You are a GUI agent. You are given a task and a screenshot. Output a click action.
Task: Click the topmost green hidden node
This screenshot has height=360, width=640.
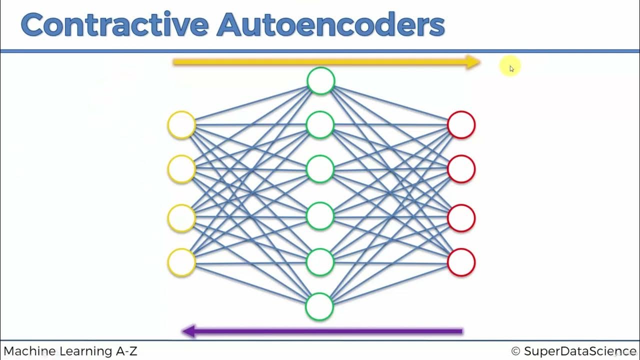[x=320, y=81]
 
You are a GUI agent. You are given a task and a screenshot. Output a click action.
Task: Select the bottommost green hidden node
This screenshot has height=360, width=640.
[x=319, y=306]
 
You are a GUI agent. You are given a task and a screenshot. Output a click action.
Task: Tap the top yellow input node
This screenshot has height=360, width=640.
[x=181, y=124]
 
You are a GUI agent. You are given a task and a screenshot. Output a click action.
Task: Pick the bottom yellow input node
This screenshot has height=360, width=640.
[x=181, y=262]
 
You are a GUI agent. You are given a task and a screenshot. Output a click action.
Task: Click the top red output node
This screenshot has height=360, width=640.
[x=461, y=124]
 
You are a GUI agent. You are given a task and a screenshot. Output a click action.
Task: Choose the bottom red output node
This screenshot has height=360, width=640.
[x=461, y=262]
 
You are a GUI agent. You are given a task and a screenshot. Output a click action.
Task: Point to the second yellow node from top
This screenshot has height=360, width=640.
[x=181, y=169]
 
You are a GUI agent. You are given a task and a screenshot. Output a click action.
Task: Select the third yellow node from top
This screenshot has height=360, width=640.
[x=181, y=218]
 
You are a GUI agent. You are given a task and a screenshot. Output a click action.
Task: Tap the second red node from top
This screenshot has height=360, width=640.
[x=461, y=169]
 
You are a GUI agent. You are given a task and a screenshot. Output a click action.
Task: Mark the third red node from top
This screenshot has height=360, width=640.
[x=461, y=218]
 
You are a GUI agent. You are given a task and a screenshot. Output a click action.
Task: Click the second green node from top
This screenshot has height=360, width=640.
[x=320, y=124]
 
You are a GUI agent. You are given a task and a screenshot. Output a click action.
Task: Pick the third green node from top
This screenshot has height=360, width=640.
[x=320, y=169]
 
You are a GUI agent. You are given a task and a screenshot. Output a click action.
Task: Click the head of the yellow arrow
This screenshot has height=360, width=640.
[x=473, y=62]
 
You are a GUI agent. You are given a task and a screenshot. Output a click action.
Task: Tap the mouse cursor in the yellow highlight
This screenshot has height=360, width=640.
[x=511, y=68]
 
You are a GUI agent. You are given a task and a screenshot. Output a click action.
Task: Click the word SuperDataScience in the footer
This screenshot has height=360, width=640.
[x=580, y=351]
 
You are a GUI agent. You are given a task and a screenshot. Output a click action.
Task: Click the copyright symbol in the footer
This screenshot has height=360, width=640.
[x=516, y=351]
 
